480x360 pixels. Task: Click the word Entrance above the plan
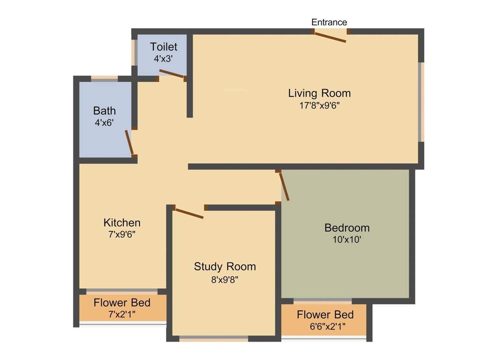point(329,22)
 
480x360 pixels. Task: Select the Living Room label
point(319,93)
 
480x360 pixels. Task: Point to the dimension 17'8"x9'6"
point(319,105)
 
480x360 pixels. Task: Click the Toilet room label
point(164,47)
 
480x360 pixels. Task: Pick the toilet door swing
point(172,74)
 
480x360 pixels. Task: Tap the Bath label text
point(105,111)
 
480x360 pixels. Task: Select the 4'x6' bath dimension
point(105,123)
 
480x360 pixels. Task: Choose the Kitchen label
point(122,222)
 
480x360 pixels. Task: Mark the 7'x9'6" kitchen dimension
point(122,234)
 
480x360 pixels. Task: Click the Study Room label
point(225,267)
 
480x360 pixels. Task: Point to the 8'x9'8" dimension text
point(225,279)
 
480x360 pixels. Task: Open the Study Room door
point(188,213)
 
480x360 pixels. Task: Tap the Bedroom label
point(347,228)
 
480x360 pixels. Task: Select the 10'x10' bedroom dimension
point(347,240)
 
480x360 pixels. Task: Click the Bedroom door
point(284,187)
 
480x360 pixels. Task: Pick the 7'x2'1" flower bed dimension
point(122,315)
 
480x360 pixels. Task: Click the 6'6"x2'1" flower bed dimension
point(325,326)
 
